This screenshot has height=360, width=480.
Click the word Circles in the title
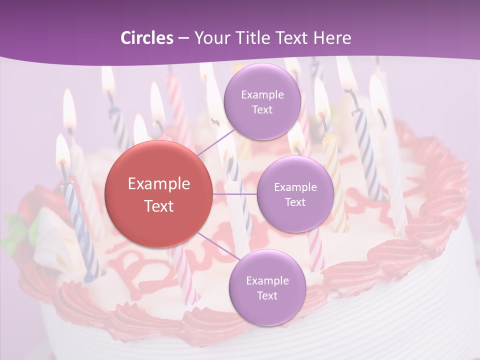(x=146, y=38)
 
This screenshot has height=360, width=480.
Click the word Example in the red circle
(x=159, y=184)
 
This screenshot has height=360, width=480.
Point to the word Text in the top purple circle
(x=262, y=109)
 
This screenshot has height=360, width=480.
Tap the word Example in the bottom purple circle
(x=267, y=280)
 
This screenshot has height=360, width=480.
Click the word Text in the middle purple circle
(x=295, y=202)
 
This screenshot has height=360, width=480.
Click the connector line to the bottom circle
(x=215, y=244)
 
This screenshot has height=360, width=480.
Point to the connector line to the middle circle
(x=235, y=194)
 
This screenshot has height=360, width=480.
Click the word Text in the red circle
(x=159, y=206)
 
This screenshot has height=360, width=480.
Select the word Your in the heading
(x=209, y=38)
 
